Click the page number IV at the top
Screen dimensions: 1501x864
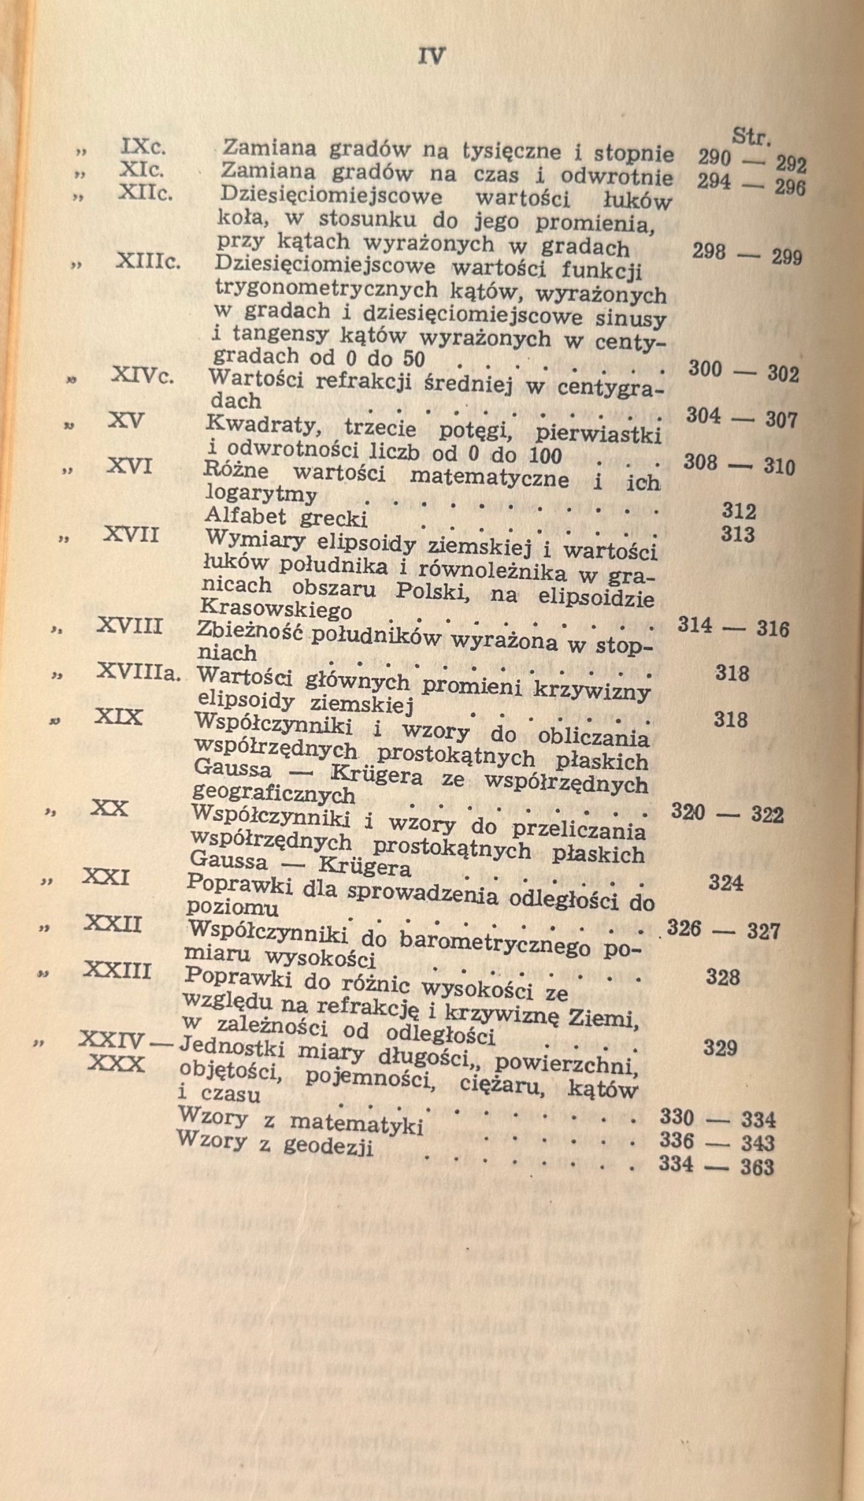(x=431, y=56)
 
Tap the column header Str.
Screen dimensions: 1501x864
(x=751, y=137)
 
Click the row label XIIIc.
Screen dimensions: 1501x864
(x=148, y=260)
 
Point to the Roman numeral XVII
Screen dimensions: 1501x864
(x=131, y=535)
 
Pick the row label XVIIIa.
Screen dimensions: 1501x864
(x=138, y=673)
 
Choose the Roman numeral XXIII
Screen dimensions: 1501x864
(x=117, y=970)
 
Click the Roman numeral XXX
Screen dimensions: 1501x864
(x=116, y=1064)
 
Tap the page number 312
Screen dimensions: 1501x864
(x=739, y=511)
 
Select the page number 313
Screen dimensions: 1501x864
(x=737, y=535)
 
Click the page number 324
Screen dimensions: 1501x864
(x=725, y=883)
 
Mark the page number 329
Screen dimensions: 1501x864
(x=720, y=1048)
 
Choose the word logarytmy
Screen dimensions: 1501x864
(x=261, y=493)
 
